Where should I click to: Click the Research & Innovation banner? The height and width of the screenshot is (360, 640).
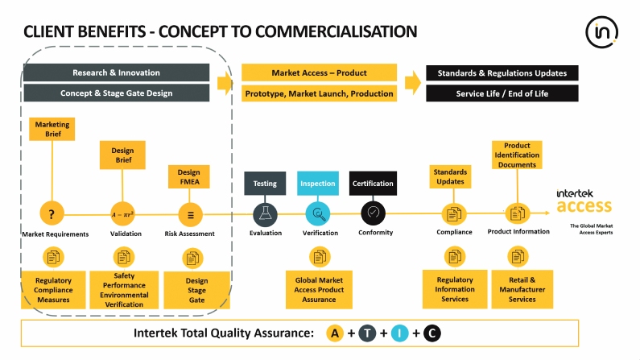click(x=116, y=72)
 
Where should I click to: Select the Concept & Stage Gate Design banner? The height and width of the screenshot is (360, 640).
click(x=116, y=93)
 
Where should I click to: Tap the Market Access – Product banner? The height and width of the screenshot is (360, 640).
click(x=319, y=72)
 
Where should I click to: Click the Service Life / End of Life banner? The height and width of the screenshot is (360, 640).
click(x=502, y=93)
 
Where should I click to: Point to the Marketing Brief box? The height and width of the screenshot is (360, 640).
click(x=52, y=129)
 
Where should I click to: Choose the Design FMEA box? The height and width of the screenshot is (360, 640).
click(x=188, y=176)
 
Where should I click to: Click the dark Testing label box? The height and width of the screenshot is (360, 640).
click(x=265, y=183)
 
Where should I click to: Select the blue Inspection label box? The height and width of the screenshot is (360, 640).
click(x=318, y=183)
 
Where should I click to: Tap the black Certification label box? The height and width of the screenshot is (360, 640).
click(x=373, y=183)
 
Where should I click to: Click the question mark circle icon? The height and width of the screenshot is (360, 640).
click(x=52, y=214)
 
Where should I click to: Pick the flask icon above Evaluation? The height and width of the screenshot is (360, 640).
click(x=265, y=214)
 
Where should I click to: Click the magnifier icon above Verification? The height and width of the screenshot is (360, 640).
click(x=319, y=214)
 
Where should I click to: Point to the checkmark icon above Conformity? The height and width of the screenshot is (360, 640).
click(x=373, y=214)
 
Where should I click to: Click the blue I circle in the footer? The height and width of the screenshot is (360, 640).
click(x=399, y=333)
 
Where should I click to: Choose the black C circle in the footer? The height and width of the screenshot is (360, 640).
click(x=431, y=333)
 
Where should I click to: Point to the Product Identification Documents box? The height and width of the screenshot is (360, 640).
click(x=517, y=155)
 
